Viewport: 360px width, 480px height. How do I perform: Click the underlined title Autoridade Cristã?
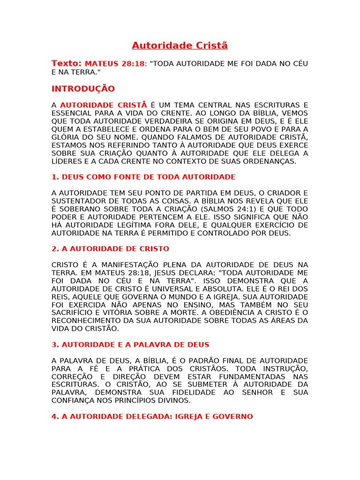(180, 45)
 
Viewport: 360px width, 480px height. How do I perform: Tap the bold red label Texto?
(67, 63)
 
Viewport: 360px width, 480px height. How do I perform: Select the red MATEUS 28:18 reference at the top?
(115, 64)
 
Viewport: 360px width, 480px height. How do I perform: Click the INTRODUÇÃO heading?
(83, 89)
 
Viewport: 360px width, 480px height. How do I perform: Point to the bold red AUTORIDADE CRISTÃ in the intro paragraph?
(104, 105)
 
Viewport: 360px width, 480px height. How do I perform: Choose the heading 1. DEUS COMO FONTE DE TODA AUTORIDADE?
(143, 177)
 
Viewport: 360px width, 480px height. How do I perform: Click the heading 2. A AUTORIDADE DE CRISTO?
(110, 248)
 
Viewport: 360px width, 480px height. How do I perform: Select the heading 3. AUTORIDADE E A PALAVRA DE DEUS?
(130, 344)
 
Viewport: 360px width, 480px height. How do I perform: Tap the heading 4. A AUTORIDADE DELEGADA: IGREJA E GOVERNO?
(152, 416)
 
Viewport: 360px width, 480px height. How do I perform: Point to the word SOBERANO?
(75, 209)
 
